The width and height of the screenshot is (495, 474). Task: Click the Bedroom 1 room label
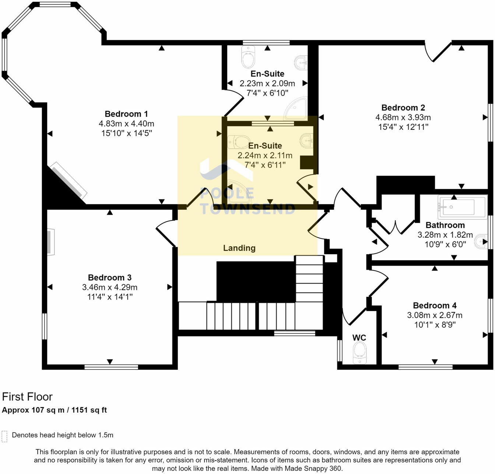(126, 114)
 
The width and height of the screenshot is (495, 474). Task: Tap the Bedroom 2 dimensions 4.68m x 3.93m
(403, 117)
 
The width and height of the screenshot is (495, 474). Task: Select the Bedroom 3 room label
(109, 277)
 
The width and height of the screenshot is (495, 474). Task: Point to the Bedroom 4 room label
(435, 305)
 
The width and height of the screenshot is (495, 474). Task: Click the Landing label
(239, 248)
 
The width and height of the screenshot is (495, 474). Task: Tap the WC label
(359, 338)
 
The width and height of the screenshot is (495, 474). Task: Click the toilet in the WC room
(359, 353)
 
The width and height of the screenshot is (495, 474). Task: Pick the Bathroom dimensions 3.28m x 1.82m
(445, 235)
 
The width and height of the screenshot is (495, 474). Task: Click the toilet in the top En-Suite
(248, 57)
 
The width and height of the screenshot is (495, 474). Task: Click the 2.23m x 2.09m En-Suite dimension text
(267, 84)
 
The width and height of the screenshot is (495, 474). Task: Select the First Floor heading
(27, 397)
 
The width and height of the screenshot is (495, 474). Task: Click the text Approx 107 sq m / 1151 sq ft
(55, 410)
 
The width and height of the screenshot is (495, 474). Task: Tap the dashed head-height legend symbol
(4, 436)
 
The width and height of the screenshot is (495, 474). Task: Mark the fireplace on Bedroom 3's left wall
(50, 242)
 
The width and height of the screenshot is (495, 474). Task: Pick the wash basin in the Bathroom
(481, 241)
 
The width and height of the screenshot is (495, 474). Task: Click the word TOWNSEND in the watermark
(248, 209)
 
